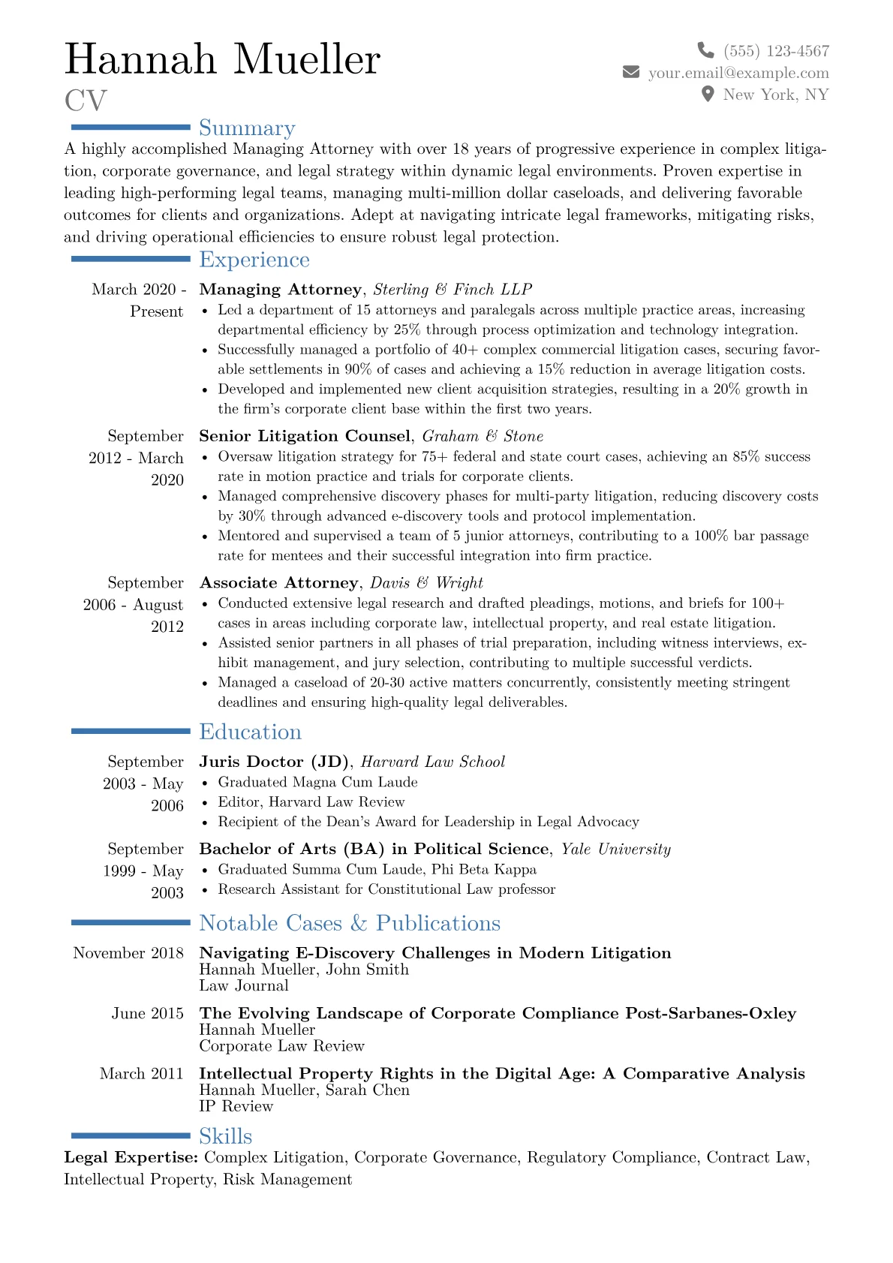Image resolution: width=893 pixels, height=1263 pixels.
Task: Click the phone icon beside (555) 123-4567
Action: coord(705,50)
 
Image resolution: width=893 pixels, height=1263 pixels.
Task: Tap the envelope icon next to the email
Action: coord(631,72)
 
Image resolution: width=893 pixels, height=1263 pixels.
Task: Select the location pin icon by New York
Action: coord(707,94)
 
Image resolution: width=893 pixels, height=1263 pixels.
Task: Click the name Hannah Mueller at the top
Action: coord(223,59)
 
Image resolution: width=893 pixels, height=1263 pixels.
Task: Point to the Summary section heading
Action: coord(247,128)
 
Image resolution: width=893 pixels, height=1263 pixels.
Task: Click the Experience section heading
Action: coord(254,260)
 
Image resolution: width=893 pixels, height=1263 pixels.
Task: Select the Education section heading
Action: coord(250,732)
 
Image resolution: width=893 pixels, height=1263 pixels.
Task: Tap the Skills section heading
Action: coord(225,1136)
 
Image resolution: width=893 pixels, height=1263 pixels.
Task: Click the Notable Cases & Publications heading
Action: coord(350,923)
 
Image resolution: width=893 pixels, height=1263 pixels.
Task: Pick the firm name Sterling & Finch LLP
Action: coord(453,290)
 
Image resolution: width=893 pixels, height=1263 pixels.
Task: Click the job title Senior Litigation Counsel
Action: coord(305,436)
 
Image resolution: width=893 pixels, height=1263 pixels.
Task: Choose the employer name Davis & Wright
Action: coord(426,583)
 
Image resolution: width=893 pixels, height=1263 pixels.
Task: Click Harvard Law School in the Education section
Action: coord(433,762)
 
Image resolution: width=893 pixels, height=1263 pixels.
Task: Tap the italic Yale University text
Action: coord(616,849)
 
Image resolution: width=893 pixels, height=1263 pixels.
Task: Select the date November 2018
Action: coord(128,953)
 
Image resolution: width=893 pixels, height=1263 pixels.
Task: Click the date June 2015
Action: coord(147,1013)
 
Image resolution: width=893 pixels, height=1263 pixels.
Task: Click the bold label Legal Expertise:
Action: coord(131,1157)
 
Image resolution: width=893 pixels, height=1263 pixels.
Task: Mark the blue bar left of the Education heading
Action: coord(131,731)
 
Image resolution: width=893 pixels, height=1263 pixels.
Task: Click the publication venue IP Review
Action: coord(236,1106)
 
